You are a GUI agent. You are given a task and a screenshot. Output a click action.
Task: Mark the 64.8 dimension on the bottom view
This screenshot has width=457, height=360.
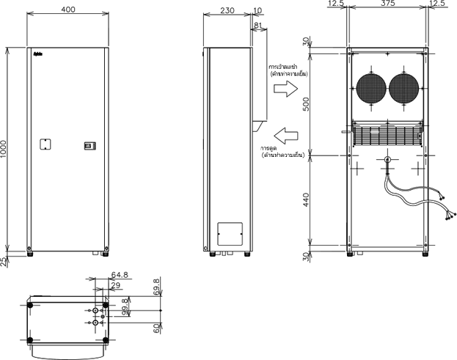click(119, 276)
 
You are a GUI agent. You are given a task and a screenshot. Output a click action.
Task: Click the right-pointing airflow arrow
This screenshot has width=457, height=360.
click(285, 89)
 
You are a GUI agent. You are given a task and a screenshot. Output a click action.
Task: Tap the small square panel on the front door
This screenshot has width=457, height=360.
click(44, 145)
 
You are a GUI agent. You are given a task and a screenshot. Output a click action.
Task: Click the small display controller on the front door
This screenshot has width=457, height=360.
click(89, 146)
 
